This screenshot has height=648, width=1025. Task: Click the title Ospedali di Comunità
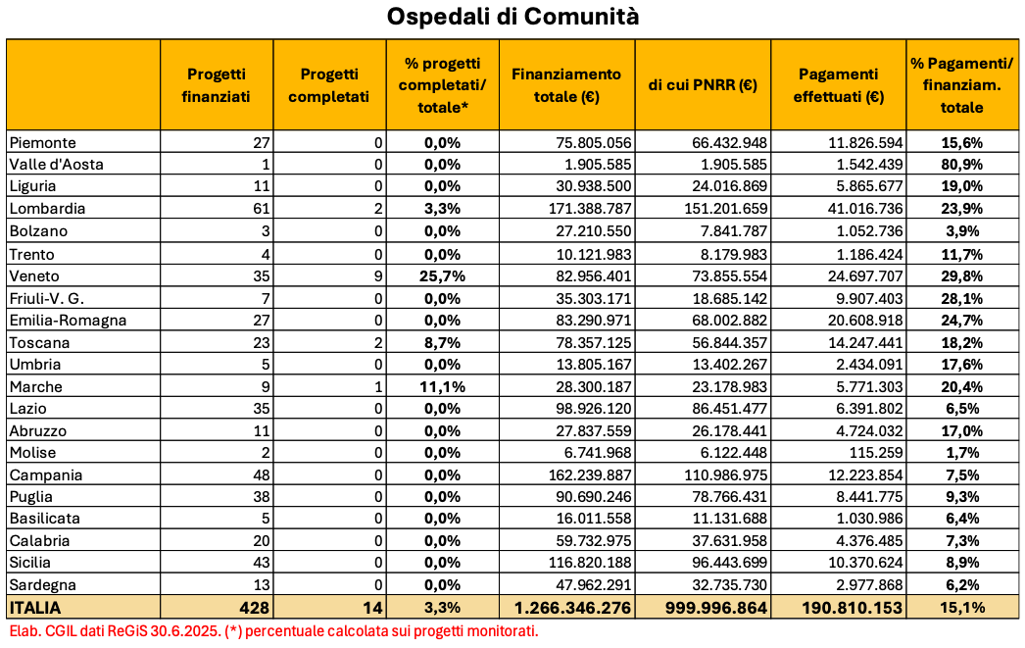pyautogui.click(x=512, y=18)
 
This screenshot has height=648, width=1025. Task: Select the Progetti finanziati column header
pyautogui.click(x=217, y=85)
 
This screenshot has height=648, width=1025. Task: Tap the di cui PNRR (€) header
pyautogui.click(x=703, y=85)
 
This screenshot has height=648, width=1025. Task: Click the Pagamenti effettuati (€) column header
pyautogui.click(x=838, y=85)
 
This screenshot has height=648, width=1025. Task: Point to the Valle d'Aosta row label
pyautogui.click(x=56, y=164)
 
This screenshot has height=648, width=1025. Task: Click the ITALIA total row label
pyautogui.click(x=33, y=609)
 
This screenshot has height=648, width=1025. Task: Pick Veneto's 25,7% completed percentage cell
pyautogui.click(x=443, y=275)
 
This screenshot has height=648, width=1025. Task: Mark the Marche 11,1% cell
pyautogui.click(x=443, y=386)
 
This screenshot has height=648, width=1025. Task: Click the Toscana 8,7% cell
pyautogui.click(x=443, y=342)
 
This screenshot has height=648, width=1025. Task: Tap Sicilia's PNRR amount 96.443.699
pyautogui.click(x=726, y=564)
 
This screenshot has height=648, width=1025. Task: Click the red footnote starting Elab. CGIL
pyautogui.click(x=273, y=630)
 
